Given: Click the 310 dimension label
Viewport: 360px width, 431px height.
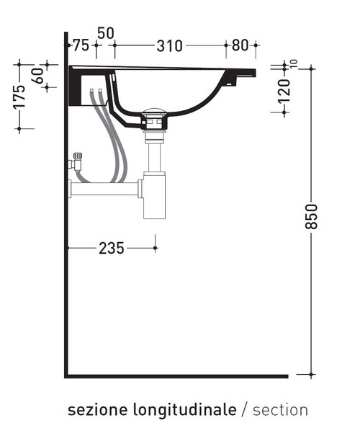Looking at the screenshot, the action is pyautogui.click(x=169, y=46).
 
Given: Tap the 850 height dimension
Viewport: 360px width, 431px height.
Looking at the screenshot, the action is pyautogui.click(x=312, y=216).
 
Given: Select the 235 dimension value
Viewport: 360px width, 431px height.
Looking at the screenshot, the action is pyautogui.click(x=112, y=248).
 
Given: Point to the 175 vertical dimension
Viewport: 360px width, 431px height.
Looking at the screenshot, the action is pyautogui.click(x=19, y=97).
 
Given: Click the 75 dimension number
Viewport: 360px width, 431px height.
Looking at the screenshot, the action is pyautogui.click(x=81, y=45).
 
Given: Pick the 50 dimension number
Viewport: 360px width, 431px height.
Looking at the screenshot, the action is pyautogui.click(x=106, y=34).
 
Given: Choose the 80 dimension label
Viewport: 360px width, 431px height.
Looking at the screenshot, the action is pyautogui.click(x=240, y=45).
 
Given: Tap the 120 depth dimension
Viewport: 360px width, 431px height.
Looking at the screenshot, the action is pyautogui.click(x=284, y=92).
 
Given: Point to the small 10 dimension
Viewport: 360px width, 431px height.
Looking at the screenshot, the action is pyautogui.click(x=294, y=64).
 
